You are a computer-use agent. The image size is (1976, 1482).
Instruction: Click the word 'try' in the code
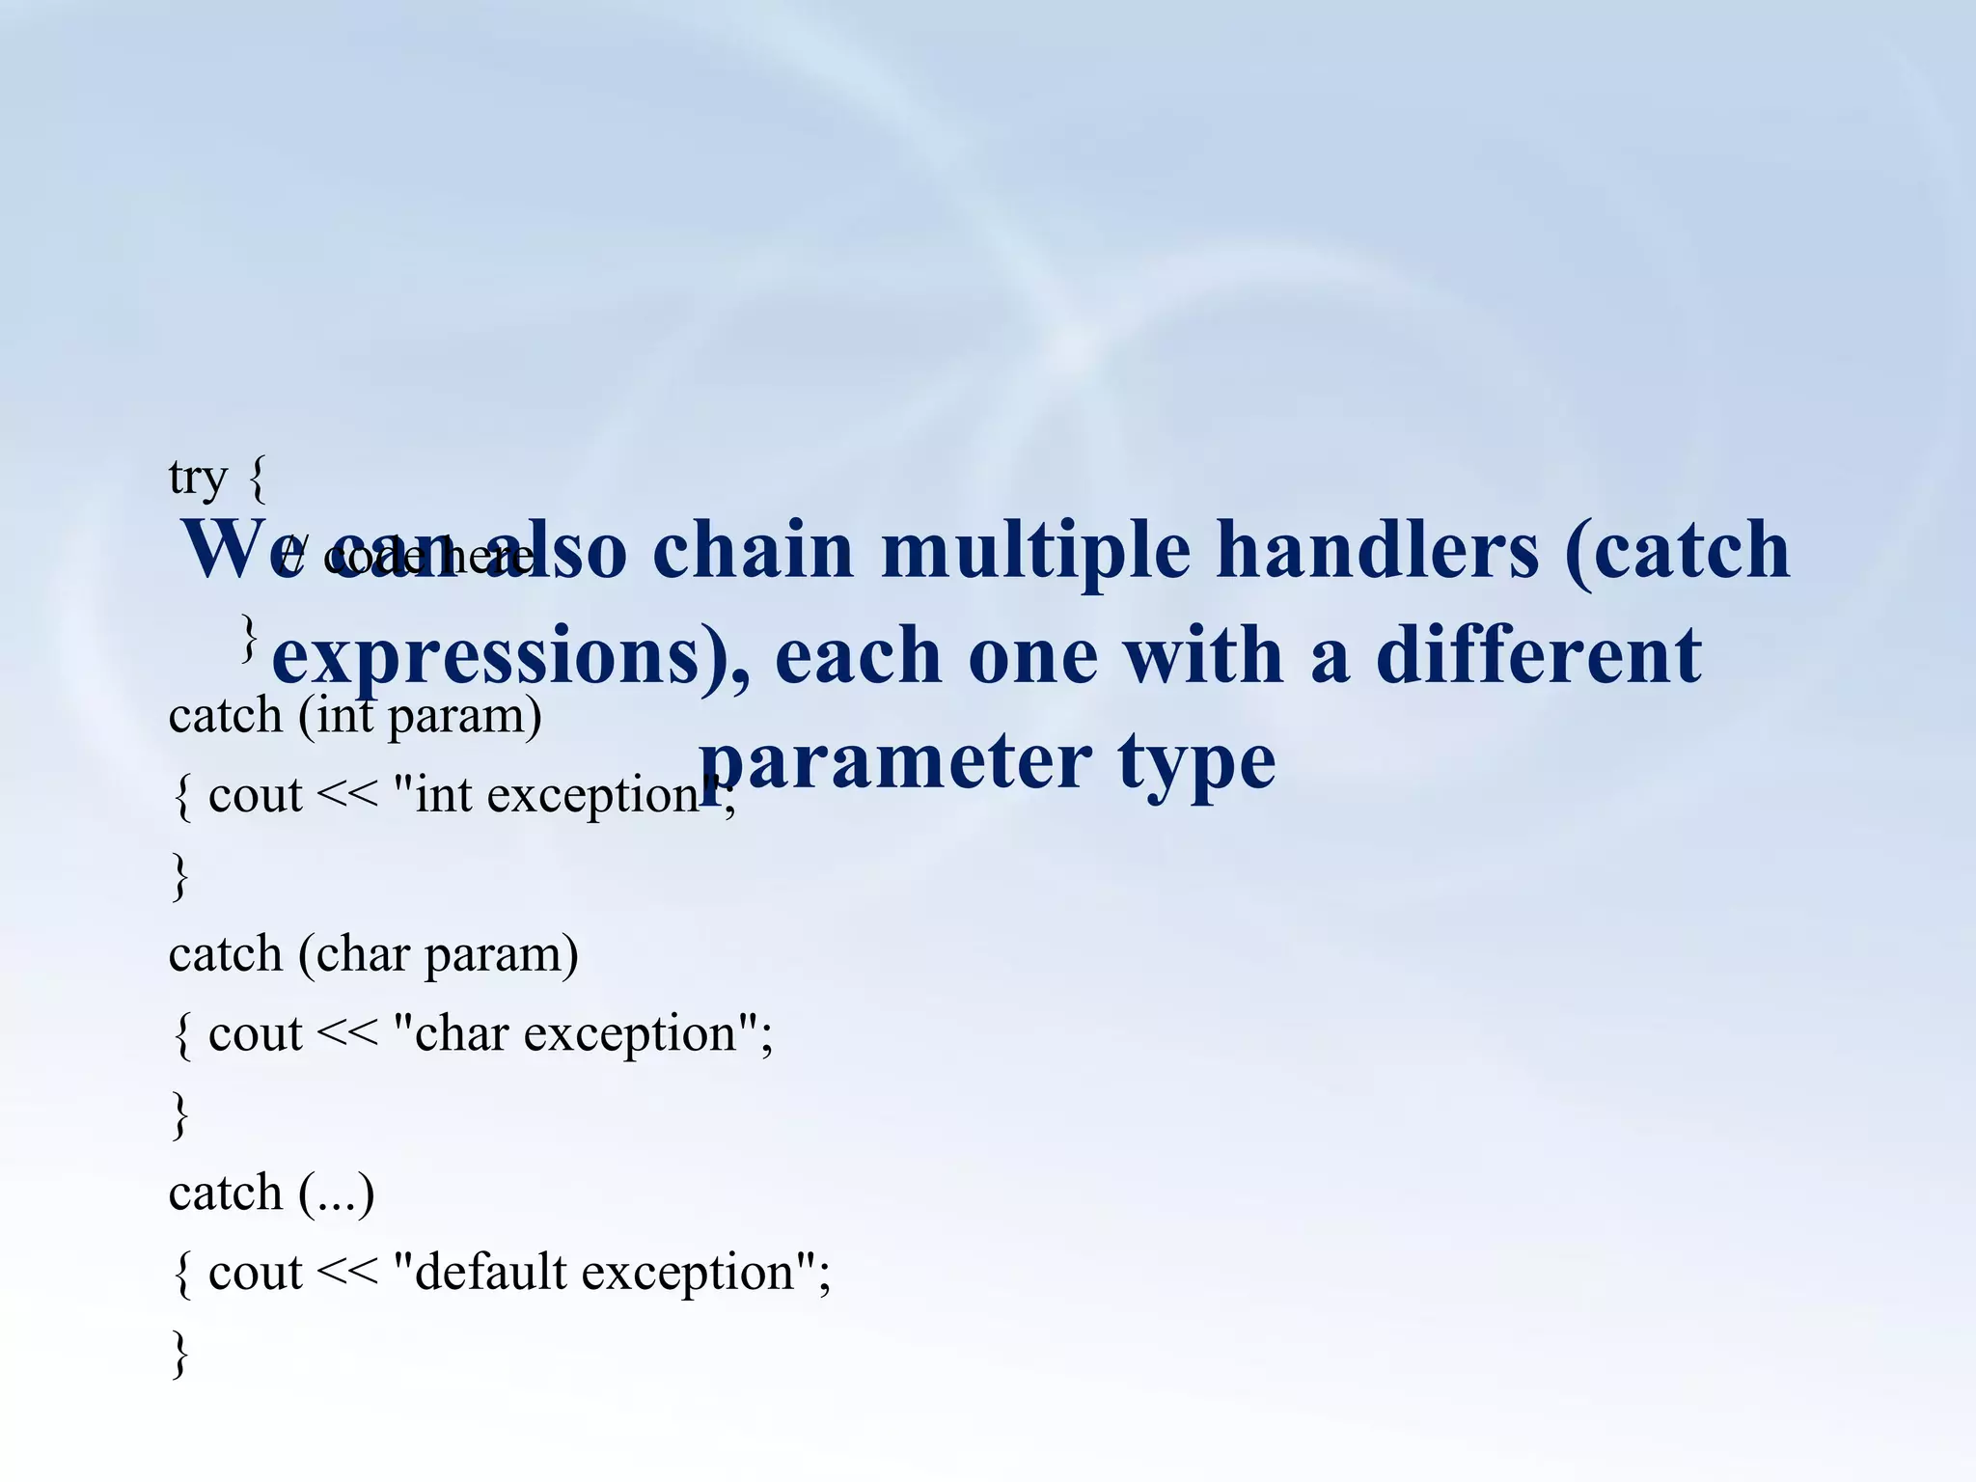(198, 479)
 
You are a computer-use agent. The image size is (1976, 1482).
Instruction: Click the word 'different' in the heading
(1538, 655)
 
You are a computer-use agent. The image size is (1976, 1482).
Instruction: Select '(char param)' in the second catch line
(438, 956)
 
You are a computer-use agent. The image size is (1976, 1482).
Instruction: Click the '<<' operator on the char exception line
(347, 1034)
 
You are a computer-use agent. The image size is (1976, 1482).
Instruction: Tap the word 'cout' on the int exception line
(256, 796)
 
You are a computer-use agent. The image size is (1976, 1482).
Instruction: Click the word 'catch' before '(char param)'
(225, 955)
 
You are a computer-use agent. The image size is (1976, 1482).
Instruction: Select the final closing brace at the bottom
(179, 1353)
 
